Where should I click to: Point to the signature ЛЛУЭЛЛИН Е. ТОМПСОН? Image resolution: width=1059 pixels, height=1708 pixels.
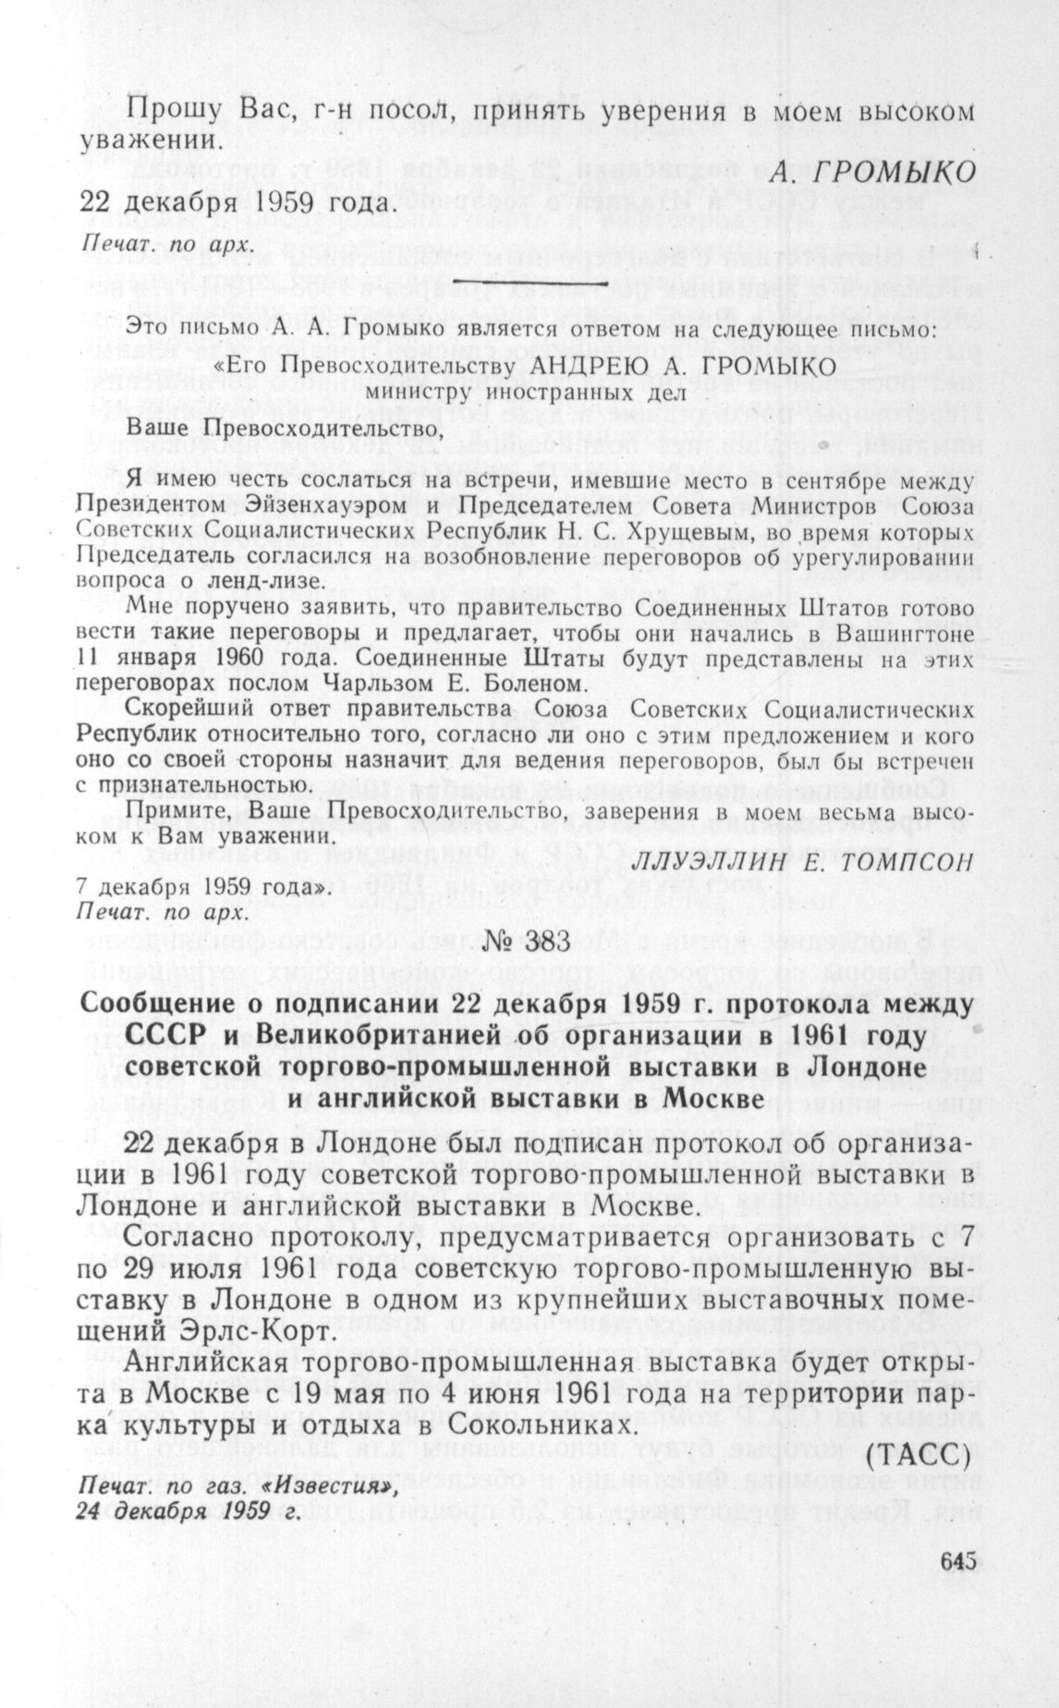[x=804, y=861]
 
